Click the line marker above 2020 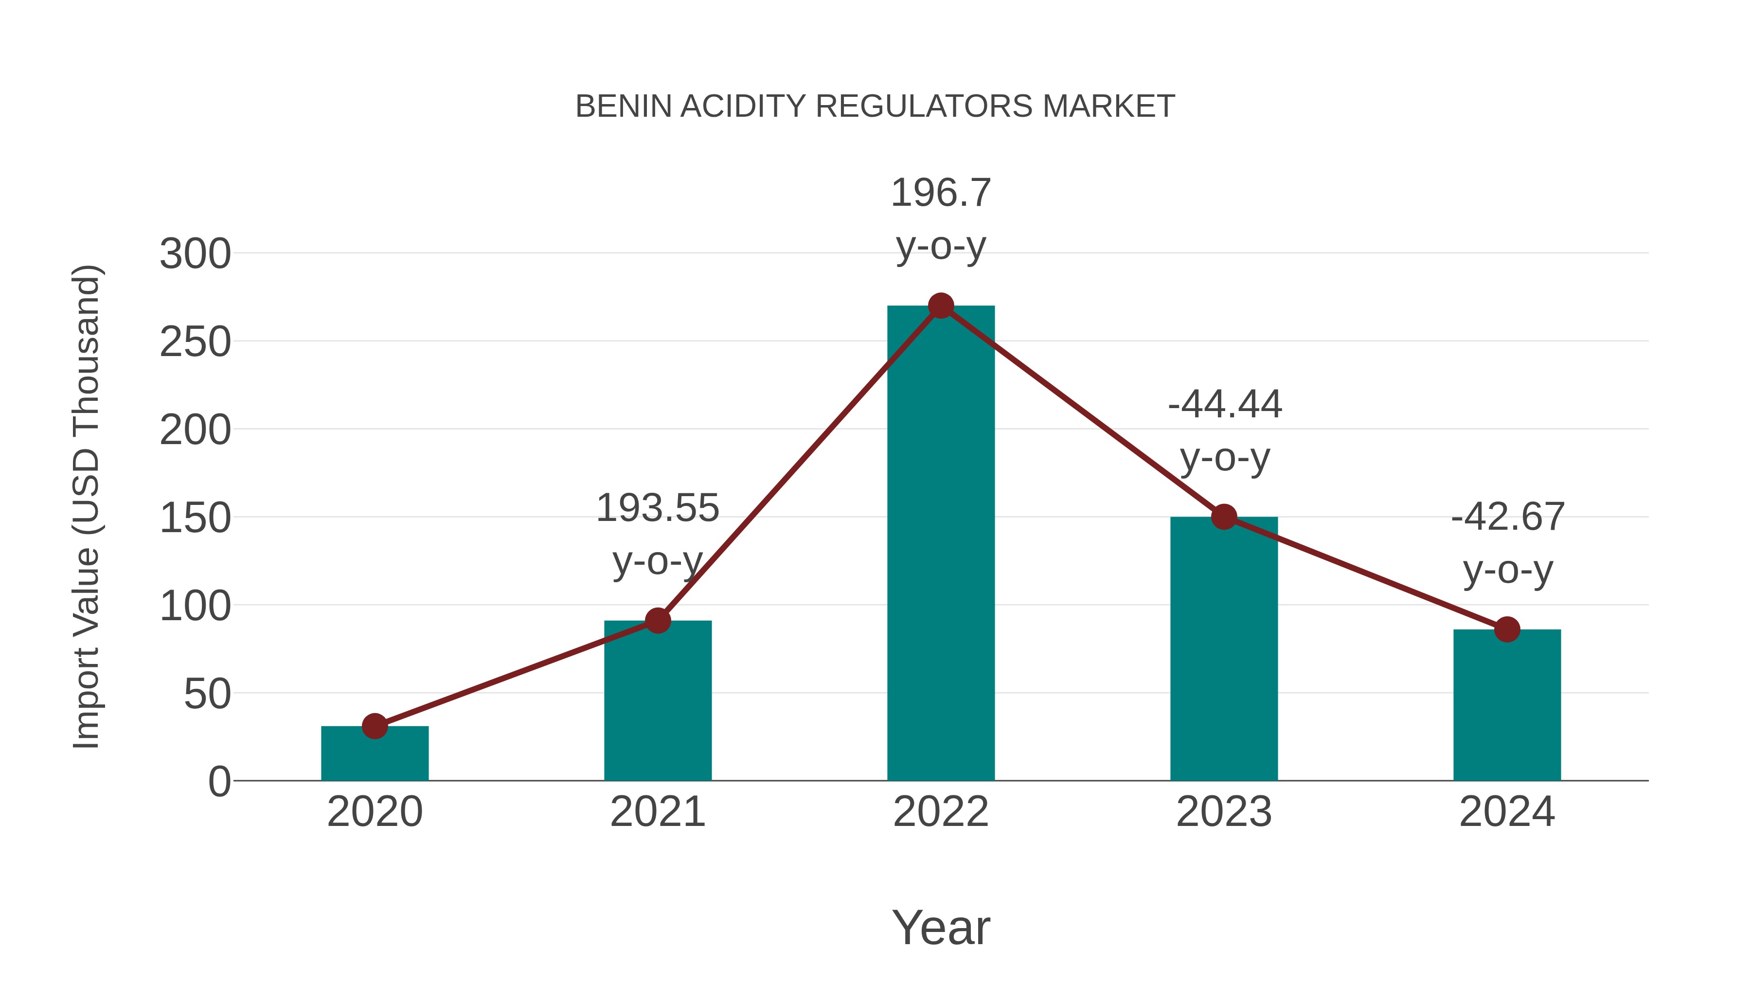click(375, 726)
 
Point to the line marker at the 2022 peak click(941, 306)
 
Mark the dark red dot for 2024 click(1507, 629)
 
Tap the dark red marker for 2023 click(1224, 517)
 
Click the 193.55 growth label click(657, 508)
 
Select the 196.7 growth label click(941, 193)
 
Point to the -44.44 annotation click(1225, 405)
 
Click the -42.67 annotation click(1508, 518)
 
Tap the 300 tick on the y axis click(195, 254)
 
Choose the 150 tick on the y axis click(195, 518)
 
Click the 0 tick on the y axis click(219, 782)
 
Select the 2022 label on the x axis click(941, 812)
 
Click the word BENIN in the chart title click(624, 107)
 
